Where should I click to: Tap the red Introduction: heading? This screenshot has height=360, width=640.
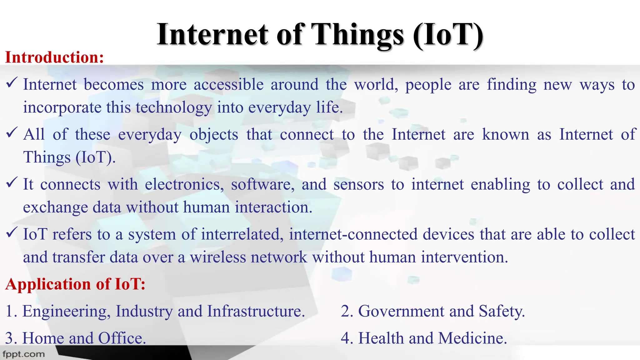(x=54, y=57)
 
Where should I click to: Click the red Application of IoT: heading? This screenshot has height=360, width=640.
(x=75, y=284)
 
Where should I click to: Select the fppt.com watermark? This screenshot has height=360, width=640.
(x=23, y=354)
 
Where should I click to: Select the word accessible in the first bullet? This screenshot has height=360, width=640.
(x=228, y=85)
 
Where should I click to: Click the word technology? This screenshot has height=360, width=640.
(x=174, y=108)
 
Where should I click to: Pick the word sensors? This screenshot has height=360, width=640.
(x=358, y=184)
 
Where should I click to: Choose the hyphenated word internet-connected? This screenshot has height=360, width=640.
(x=353, y=234)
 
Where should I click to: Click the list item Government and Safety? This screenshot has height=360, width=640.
(x=433, y=311)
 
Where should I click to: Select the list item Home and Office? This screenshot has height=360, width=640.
(x=76, y=338)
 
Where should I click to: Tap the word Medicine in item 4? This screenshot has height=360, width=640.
(x=472, y=338)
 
